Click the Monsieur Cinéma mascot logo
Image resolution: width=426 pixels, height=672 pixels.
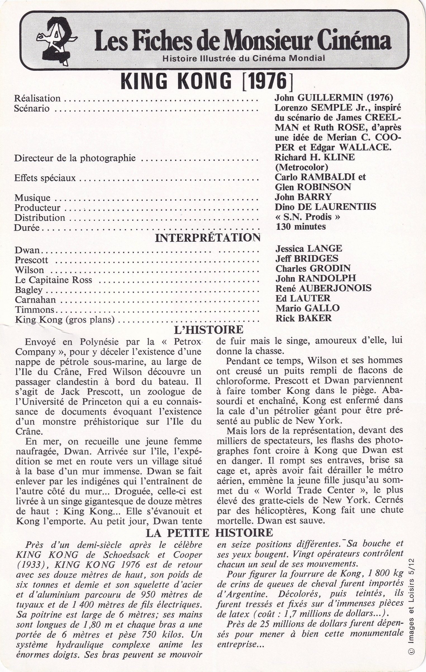coord(57,41)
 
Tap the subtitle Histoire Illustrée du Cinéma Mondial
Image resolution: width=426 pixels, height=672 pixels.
coord(244,58)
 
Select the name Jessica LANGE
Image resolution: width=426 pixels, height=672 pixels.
coord(309,248)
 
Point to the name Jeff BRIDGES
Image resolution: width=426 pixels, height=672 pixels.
coord(307,258)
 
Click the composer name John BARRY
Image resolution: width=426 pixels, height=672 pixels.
coord(303,197)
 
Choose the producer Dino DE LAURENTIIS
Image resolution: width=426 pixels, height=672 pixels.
coord(325,207)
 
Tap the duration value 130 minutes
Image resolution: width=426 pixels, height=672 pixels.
coord(301,226)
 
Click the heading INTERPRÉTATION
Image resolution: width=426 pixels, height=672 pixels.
coord(208,238)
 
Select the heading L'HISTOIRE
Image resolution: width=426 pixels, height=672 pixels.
coord(208,330)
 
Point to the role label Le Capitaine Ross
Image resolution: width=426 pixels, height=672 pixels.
coord(54,280)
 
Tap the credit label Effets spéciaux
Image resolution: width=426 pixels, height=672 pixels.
coord(45,178)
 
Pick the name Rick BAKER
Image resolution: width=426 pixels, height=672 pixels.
coord(304,318)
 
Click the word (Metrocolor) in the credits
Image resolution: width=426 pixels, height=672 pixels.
coord(301,167)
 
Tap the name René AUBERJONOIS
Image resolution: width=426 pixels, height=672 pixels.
coord(323,288)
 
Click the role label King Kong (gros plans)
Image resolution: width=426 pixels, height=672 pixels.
coord(65,319)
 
